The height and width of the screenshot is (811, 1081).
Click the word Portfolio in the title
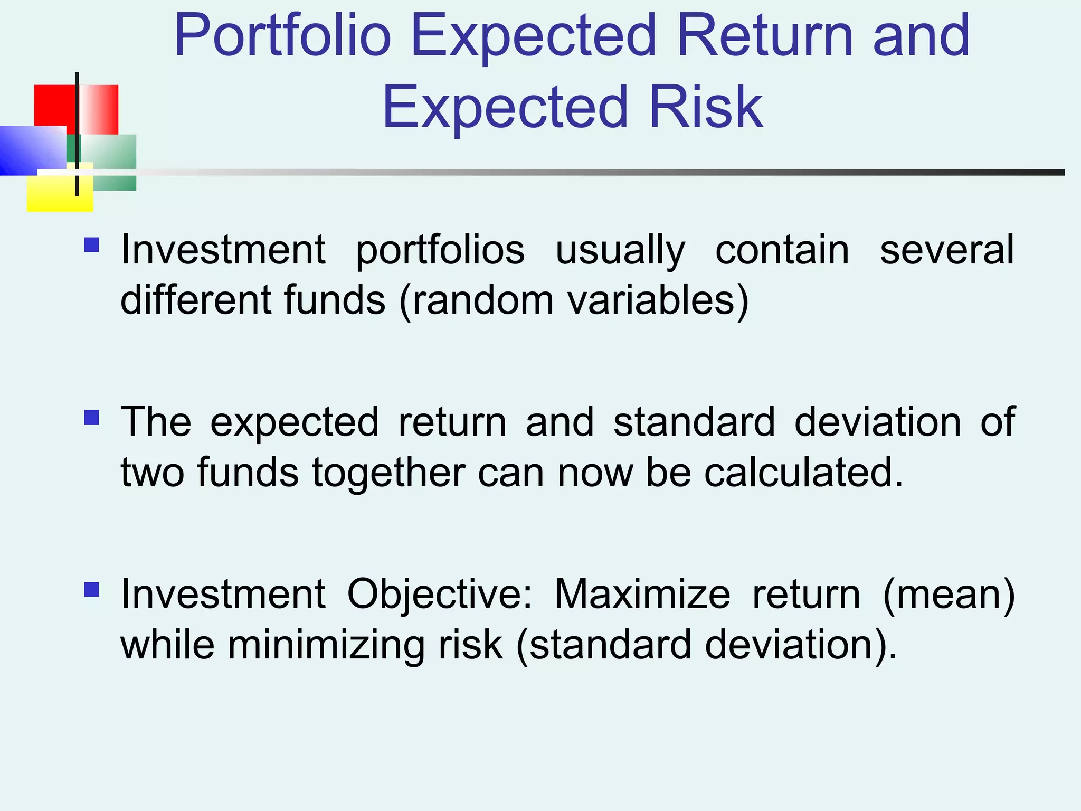coord(282,36)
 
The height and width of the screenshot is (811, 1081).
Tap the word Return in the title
coord(765,36)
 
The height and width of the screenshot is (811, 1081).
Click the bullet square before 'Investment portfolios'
coord(91,246)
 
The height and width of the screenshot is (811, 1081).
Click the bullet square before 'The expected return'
coord(91,418)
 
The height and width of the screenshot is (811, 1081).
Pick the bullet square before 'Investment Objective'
coord(91,589)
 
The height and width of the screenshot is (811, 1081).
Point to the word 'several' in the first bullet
coord(947,250)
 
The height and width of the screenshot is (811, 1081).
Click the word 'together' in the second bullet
coord(388,473)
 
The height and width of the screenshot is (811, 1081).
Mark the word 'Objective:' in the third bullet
coord(440,594)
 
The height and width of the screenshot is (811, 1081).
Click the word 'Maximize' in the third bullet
coord(642,594)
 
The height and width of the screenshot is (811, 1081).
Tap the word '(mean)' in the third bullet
coord(949,594)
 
